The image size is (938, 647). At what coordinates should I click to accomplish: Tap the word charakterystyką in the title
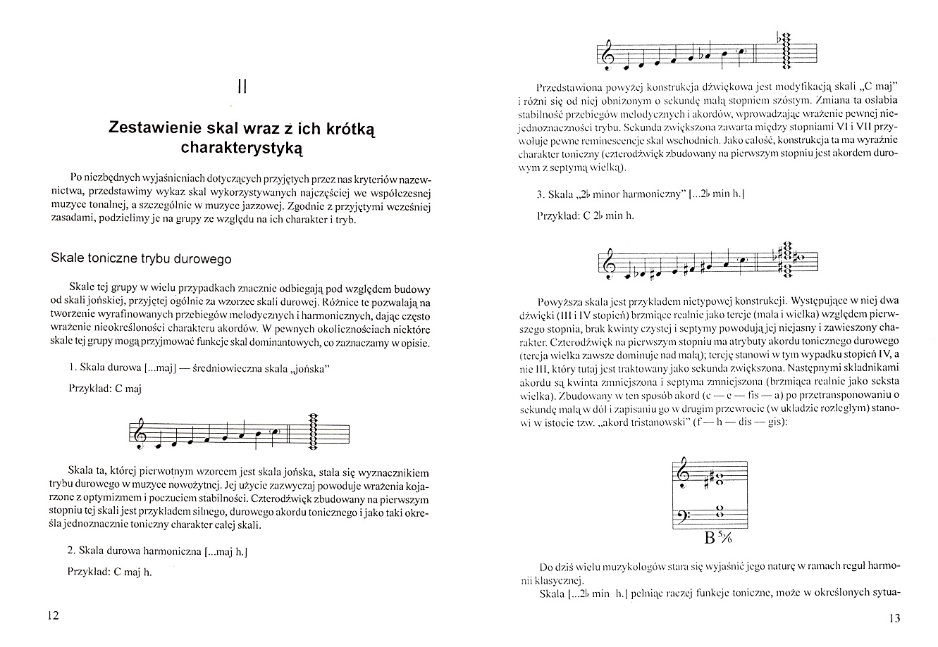[242, 149]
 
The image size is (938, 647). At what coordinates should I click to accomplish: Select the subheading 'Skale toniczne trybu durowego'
[141, 259]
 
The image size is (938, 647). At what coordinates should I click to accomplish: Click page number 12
[53, 615]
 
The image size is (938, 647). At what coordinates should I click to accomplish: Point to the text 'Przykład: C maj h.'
[111, 572]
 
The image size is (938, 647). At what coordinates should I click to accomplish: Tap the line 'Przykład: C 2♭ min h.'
[586, 215]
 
